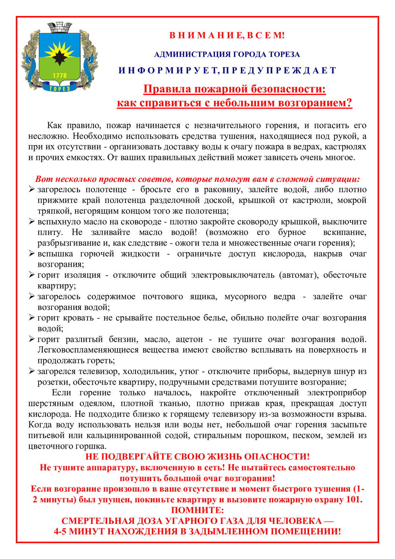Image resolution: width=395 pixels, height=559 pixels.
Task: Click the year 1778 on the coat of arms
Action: click(60, 75)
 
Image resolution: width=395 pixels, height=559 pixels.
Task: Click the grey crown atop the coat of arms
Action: click(60, 28)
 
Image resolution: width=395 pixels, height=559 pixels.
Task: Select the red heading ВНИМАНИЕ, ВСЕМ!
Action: click(227, 35)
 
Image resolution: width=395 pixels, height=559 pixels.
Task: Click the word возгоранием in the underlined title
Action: click(314, 103)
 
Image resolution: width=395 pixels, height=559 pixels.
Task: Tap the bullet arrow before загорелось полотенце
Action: click(32, 190)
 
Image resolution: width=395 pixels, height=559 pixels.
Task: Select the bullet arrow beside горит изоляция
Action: click(32, 275)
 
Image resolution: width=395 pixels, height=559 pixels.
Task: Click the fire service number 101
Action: click(353, 499)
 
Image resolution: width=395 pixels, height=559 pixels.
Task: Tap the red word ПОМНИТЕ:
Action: click(197, 510)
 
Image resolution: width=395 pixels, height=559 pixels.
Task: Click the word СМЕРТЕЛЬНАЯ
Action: click(98, 521)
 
